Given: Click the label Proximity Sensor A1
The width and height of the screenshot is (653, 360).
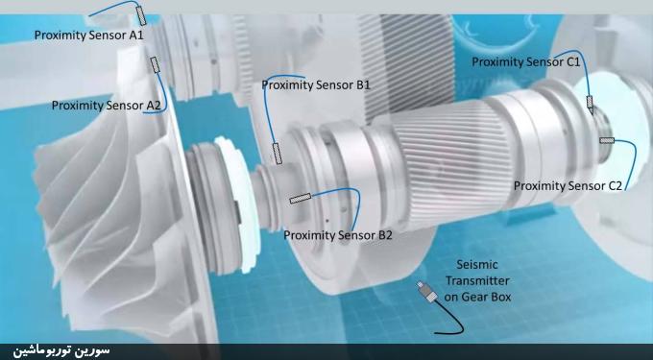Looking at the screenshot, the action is [x=88, y=35].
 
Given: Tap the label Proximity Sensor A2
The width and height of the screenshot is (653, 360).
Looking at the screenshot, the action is [x=107, y=106].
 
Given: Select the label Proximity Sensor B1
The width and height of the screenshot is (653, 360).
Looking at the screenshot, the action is [x=316, y=84].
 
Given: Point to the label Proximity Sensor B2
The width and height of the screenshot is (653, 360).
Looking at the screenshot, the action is [x=338, y=235].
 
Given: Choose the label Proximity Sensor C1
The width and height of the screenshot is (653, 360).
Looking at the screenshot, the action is [x=526, y=62].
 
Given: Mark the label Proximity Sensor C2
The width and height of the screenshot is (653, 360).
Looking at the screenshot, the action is [x=568, y=185].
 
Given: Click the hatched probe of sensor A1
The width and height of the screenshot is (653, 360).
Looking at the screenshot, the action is [x=141, y=15].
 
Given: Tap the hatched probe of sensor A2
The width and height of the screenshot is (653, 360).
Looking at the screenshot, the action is [x=155, y=64].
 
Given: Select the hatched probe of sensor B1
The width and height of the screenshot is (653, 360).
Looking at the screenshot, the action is [x=278, y=154].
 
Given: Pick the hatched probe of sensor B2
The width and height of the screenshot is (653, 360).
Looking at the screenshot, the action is [x=301, y=199].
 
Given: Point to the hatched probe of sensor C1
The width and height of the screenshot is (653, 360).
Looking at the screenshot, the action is [x=590, y=105].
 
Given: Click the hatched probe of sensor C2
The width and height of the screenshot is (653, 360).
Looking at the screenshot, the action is [x=607, y=140].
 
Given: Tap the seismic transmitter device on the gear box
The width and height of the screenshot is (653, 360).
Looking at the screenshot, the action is [x=427, y=291].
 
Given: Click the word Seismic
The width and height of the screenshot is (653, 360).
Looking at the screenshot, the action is [x=477, y=265].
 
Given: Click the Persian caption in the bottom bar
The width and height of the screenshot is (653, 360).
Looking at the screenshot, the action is [x=61, y=350].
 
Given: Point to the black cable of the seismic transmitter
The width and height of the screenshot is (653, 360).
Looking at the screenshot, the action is [x=454, y=321].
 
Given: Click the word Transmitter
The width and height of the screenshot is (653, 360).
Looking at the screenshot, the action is [x=477, y=281].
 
